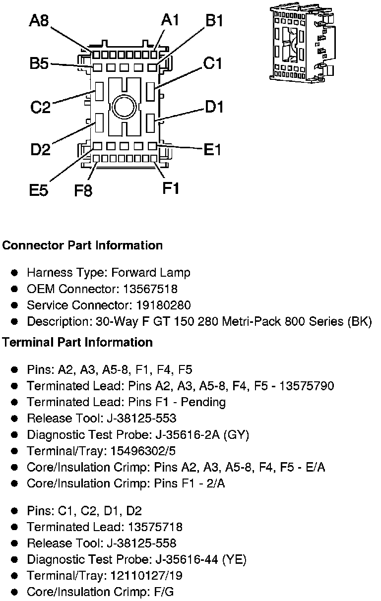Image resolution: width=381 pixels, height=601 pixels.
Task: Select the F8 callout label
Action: [83, 190]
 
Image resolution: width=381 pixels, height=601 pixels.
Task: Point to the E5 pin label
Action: [39, 190]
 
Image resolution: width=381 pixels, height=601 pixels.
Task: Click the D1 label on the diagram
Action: [214, 107]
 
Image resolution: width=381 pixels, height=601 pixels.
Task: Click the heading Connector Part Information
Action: [82, 245]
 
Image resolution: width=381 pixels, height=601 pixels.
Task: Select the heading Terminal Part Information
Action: [77, 343]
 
